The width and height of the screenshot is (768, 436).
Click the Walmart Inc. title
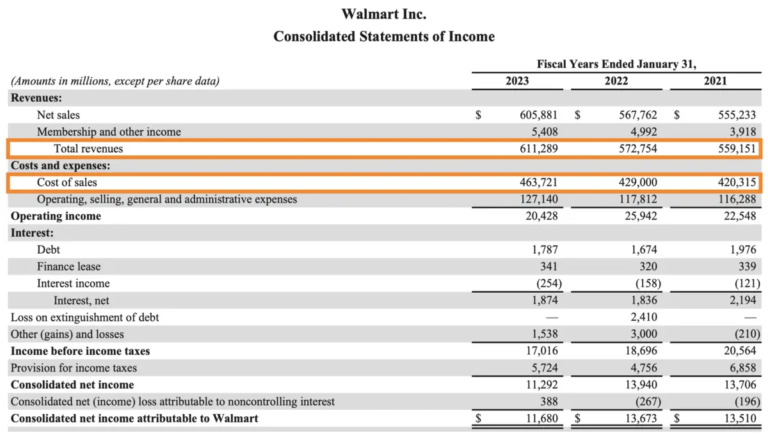383,13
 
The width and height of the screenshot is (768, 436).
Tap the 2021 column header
715,81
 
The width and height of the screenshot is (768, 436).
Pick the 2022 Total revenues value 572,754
637,149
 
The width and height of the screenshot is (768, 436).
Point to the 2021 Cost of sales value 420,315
737,183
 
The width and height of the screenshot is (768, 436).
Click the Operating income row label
56,216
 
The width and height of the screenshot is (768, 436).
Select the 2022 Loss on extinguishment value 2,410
643,317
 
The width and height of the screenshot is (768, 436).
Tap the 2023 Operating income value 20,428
541,216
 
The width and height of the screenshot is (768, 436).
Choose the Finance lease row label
68,267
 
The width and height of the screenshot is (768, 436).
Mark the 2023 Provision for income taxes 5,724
544,368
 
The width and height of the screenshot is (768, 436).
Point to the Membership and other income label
109,132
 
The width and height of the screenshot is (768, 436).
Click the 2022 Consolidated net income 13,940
641,385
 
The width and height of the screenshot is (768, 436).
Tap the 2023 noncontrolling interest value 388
549,401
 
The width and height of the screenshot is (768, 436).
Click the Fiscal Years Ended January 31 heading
616,64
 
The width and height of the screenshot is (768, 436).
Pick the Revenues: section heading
36,98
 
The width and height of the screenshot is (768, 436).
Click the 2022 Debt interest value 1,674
643,250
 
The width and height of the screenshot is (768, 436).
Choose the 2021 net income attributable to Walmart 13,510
739,419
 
